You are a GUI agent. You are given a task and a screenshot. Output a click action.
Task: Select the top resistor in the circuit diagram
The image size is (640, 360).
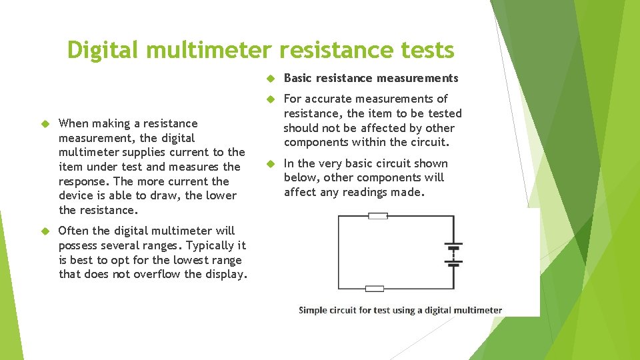click(x=378, y=215)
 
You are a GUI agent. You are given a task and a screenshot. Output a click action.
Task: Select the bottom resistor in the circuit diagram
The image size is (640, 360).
click(x=375, y=289)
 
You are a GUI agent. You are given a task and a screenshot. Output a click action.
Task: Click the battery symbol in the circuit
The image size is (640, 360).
click(x=454, y=254)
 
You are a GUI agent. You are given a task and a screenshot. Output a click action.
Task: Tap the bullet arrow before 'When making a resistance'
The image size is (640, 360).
click(x=45, y=124)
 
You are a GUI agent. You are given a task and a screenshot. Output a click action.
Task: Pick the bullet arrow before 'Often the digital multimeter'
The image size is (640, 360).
click(x=45, y=231)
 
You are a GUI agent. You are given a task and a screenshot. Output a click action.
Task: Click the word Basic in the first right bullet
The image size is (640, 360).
click(x=298, y=78)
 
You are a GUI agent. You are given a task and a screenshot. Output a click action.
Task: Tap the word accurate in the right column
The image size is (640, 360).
click(x=330, y=99)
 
